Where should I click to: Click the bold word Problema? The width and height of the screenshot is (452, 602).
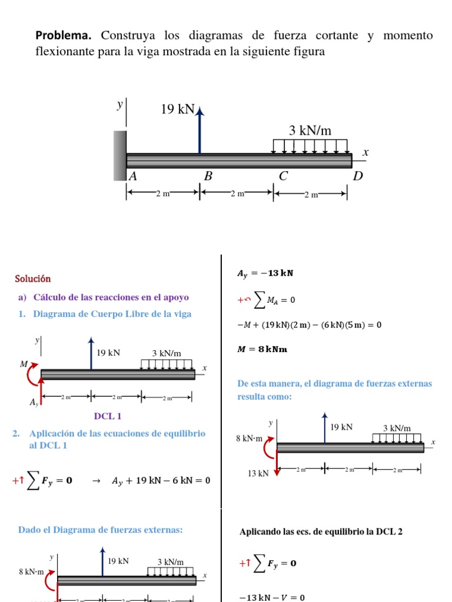[x=65, y=36]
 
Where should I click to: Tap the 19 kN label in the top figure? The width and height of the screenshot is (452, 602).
[x=178, y=109]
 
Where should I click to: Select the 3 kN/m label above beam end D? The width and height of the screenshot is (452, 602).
[x=310, y=131]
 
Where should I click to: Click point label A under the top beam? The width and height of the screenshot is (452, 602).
[x=133, y=176]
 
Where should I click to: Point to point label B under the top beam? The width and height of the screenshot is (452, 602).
[x=208, y=176]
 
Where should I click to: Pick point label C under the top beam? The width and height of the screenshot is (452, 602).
[x=284, y=176]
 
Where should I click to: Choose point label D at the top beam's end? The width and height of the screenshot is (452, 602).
[x=358, y=176]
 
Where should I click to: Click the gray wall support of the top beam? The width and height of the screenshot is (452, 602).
[x=120, y=155]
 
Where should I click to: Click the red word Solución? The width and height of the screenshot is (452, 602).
[x=33, y=279]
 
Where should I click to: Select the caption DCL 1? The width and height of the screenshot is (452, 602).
[x=108, y=416]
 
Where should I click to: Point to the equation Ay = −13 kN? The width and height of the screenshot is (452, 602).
[x=265, y=273]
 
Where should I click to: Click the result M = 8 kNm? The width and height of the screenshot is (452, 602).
[x=262, y=349]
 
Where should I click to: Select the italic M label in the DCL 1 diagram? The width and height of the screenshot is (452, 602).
[x=24, y=364]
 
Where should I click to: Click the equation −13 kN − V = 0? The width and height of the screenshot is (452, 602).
[x=271, y=597]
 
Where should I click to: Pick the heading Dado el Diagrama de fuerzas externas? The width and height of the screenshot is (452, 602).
[x=101, y=530]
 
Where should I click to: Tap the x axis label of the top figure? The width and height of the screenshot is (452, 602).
[x=365, y=152]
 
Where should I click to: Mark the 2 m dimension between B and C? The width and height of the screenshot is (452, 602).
[x=237, y=193]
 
